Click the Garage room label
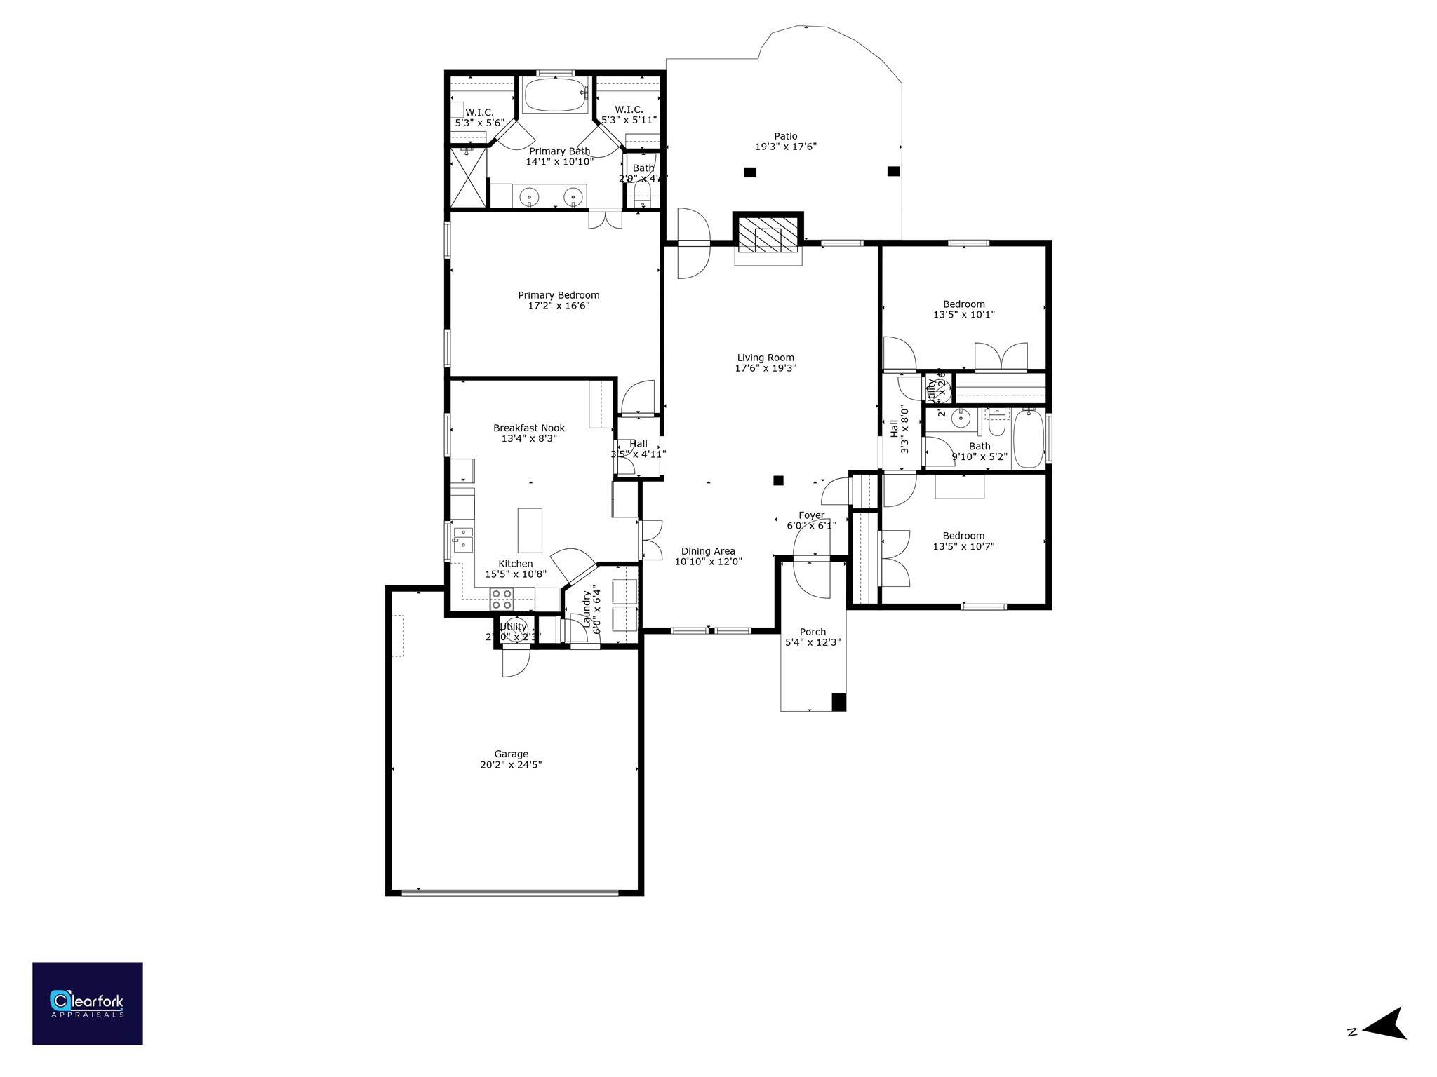(x=511, y=754)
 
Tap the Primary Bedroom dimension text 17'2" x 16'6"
(x=559, y=306)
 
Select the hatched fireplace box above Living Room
(x=768, y=233)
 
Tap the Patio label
(x=785, y=136)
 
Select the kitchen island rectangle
(x=530, y=530)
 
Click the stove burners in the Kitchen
(x=502, y=598)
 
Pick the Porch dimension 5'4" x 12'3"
(x=813, y=642)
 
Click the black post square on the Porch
(x=838, y=701)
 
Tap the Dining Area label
(x=708, y=551)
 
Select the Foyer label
(x=811, y=515)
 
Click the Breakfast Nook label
(x=528, y=428)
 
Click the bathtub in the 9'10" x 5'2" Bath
(x=1028, y=438)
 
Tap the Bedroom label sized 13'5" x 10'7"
(x=963, y=536)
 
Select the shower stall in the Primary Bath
(x=467, y=177)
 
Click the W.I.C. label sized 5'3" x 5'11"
(x=629, y=109)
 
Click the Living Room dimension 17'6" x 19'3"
(x=766, y=368)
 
